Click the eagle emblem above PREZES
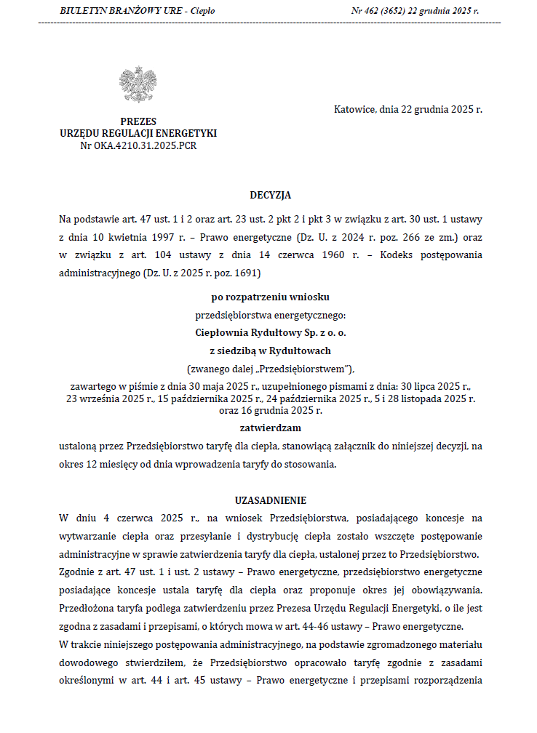tap(138, 84)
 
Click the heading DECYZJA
tap(270, 195)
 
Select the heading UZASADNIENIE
tap(270, 500)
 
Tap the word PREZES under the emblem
tap(138, 121)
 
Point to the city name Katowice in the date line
tap(355, 110)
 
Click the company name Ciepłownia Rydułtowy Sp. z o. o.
tap(270, 332)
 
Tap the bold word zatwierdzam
tap(270, 428)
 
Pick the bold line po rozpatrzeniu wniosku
tap(270, 297)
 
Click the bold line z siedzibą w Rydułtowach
tap(270, 350)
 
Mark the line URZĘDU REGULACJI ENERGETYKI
tap(138, 134)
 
